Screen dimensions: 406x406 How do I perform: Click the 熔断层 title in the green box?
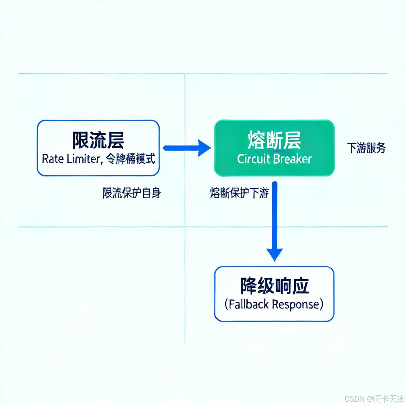click(x=274, y=140)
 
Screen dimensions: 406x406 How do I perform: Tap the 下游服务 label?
click(x=366, y=148)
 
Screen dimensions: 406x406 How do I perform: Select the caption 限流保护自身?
click(x=132, y=193)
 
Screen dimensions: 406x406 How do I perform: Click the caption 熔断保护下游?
click(x=239, y=193)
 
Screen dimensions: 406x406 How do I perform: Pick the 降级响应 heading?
click(x=274, y=285)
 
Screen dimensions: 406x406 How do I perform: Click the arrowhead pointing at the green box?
click(x=205, y=148)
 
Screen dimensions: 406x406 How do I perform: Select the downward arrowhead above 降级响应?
click(x=274, y=254)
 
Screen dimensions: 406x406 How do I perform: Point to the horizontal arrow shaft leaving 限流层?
click(x=180, y=148)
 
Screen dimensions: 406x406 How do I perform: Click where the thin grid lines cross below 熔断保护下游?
click(x=185, y=227)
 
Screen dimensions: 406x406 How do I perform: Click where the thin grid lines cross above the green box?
click(x=185, y=74)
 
